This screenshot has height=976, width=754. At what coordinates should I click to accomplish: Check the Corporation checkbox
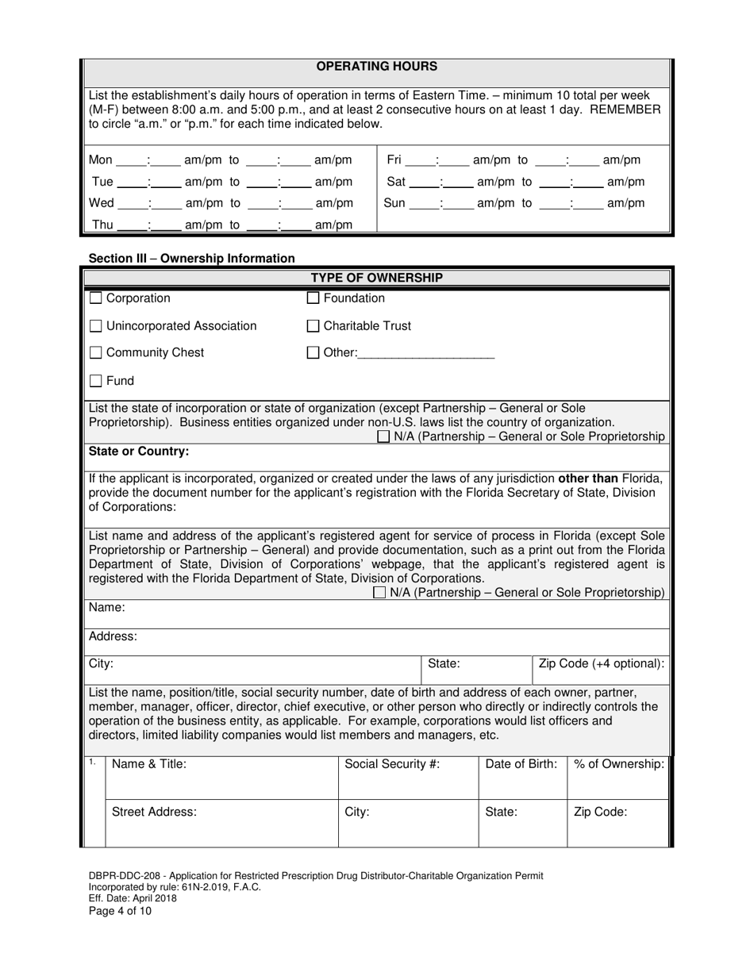[96, 298]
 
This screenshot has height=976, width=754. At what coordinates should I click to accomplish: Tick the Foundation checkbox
[314, 298]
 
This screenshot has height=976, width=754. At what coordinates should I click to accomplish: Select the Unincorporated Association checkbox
[96, 326]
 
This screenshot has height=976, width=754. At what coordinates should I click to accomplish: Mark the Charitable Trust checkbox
[314, 326]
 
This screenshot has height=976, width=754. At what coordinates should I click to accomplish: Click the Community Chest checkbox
[96, 353]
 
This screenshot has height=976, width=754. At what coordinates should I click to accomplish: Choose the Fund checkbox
[96, 381]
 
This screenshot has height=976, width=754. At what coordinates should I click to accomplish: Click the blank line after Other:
[426, 354]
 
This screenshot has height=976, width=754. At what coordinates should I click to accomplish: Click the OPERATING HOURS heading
[376, 67]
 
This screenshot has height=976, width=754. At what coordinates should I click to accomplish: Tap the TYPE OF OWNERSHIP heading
[376, 278]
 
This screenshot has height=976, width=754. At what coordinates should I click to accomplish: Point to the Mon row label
[101, 160]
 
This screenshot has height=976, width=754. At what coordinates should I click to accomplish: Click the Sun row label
[394, 203]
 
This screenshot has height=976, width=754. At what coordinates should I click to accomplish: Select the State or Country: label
[139, 451]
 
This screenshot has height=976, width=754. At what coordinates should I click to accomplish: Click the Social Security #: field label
[392, 764]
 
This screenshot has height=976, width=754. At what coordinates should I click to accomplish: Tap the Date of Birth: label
[521, 764]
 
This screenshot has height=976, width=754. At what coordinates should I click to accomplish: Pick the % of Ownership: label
[619, 764]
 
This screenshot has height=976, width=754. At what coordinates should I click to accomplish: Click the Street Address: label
[154, 812]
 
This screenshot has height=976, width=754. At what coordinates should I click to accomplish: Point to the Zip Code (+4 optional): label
[602, 663]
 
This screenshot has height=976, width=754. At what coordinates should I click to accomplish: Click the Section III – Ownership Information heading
[191, 258]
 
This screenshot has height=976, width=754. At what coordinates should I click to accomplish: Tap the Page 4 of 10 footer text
[120, 911]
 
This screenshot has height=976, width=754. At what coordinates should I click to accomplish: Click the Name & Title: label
[149, 764]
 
